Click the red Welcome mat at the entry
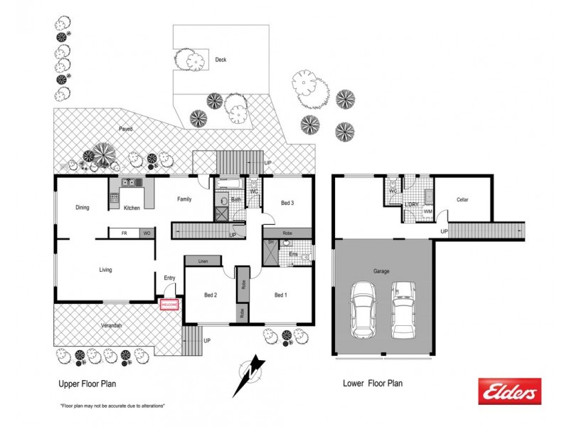[x=169, y=305]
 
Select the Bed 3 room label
[x=287, y=203]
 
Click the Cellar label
[x=462, y=200]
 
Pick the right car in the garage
[x=403, y=310]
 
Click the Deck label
[x=220, y=60]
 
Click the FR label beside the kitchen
[x=124, y=233]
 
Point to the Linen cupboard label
[x=202, y=260]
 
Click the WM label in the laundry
[x=427, y=211]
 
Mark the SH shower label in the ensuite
[x=270, y=243]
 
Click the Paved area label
[x=126, y=129]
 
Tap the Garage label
[x=383, y=271]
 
